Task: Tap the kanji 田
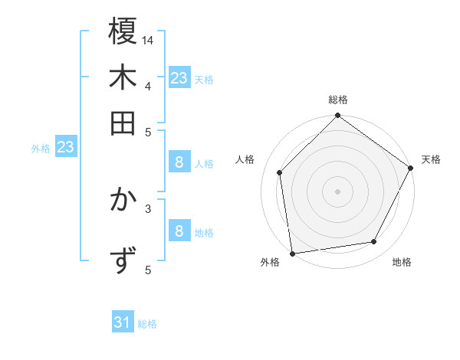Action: pos(123,123)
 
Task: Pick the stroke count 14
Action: pos(148,40)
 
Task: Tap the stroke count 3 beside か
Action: pos(148,207)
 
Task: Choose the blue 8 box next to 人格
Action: pos(179,162)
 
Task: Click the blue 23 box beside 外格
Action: pos(65,146)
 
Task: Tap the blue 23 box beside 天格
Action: pos(179,77)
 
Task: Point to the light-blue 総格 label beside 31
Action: pos(147,324)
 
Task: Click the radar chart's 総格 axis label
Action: pos(338,100)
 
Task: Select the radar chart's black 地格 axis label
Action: pos(402,262)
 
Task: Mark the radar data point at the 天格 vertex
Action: pos(410,168)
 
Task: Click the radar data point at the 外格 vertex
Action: pos(292,254)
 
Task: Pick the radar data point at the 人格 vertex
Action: pos(280,172)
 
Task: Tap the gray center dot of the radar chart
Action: pos(338,191)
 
